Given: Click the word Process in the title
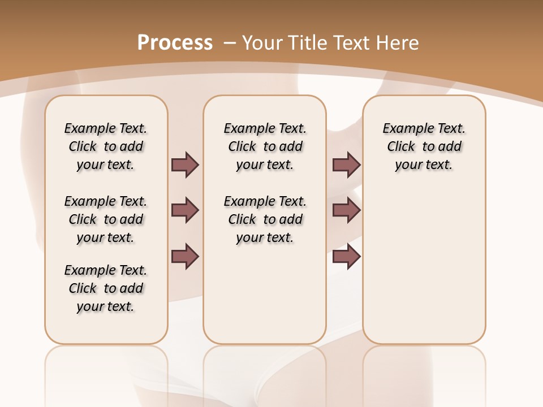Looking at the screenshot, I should click(175, 42).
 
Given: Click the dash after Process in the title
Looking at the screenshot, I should click(229, 42).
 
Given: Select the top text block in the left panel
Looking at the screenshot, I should click(106, 146).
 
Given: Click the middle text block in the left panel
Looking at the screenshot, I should click(106, 219).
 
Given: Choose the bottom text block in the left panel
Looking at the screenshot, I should click(106, 288).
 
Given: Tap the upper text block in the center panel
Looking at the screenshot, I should click(265, 146).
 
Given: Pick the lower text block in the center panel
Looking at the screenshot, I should click(265, 219).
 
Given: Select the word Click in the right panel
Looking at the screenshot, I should click(401, 147).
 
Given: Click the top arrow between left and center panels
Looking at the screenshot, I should click(185, 164).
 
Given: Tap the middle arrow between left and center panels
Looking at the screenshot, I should click(185, 210).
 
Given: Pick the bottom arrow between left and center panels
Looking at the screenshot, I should click(185, 256).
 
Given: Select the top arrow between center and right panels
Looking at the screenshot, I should click(346, 164).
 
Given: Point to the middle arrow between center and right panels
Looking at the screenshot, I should click(346, 210).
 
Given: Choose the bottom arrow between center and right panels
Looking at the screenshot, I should click(346, 256).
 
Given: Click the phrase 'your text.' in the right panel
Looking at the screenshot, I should click(424, 165).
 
